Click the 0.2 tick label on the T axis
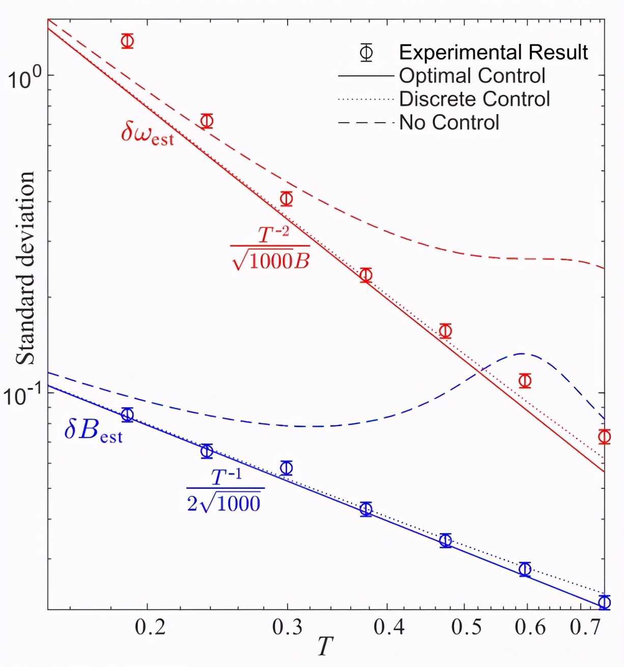pyautogui.click(x=150, y=627)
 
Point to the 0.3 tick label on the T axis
pyautogui.click(x=288, y=627)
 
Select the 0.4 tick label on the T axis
pyautogui.click(x=389, y=627)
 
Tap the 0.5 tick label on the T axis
pyautogui.click(x=466, y=627)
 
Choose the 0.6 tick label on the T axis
pyautogui.click(x=530, y=627)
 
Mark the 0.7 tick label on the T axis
pyautogui.click(x=585, y=627)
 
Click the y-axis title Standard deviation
pyautogui.click(x=26, y=268)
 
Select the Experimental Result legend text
pyautogui.click(x=493, y=52)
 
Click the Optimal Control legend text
pyautogui.click(x=472, y=76)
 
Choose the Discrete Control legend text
pyautogui.click(x=474, y=99)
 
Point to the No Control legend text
pyautogui.click(x=449, y=123)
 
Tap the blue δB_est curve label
pyautogui.click(x=94, y=431)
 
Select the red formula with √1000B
pyautogui.click(x=270, y=248)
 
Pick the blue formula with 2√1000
pyautogui.click(x=224, y=492)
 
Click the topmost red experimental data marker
pyautogui.click(x=127, y=41)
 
